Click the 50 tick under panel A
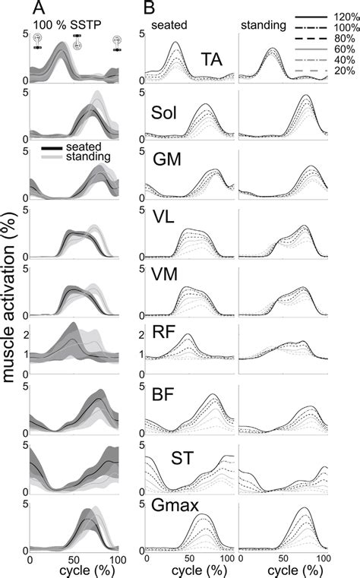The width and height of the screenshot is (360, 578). point(73,558)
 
